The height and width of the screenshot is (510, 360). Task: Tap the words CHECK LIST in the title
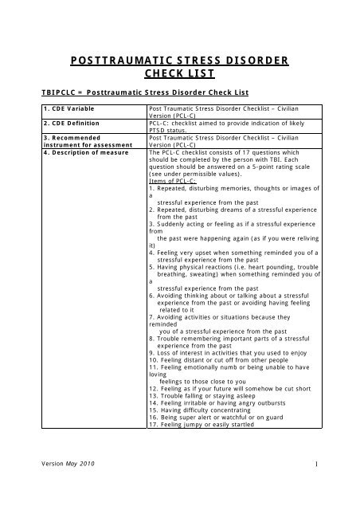click(x=179, y=74)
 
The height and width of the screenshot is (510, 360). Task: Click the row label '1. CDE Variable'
click(x=50, y=108)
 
